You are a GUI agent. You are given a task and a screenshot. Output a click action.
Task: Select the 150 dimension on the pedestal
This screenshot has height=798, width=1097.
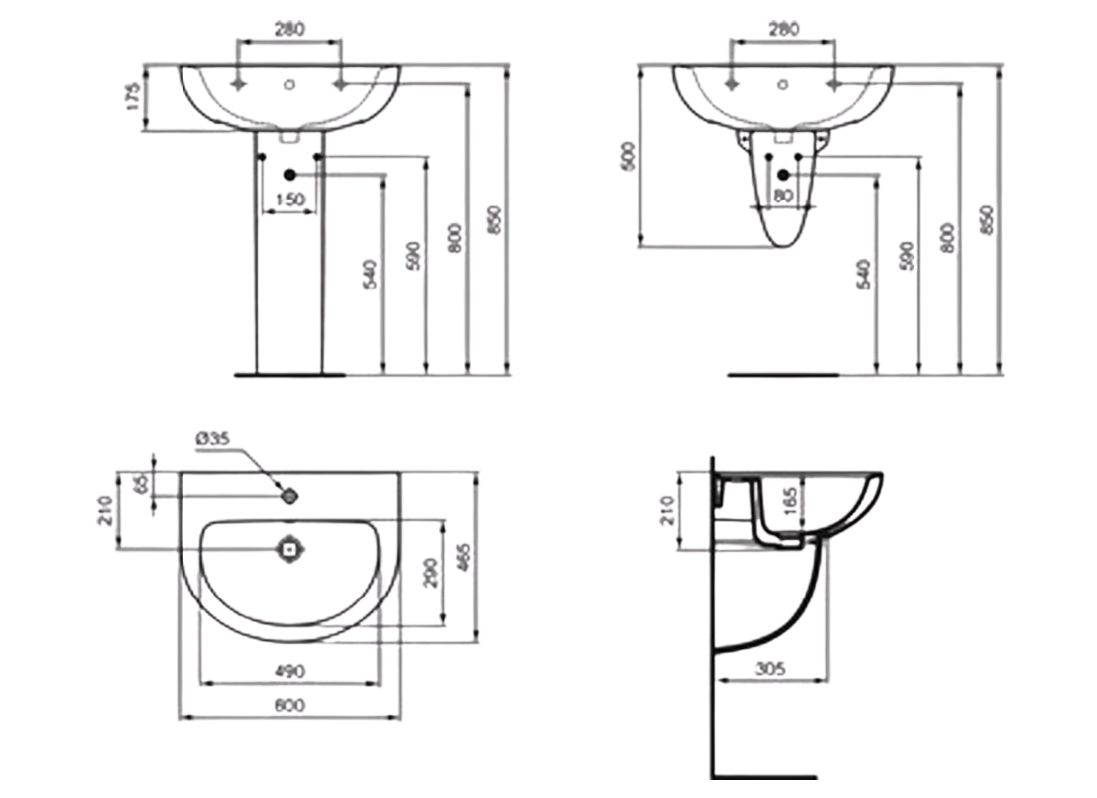coord(289,200)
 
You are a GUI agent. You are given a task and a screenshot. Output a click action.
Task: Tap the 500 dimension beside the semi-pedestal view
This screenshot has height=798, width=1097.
coord(627,156)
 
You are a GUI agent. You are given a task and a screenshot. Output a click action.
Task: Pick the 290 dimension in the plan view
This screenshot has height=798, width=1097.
coord(428,574)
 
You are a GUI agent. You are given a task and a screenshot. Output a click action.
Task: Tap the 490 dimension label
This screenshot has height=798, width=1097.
coord(289,670)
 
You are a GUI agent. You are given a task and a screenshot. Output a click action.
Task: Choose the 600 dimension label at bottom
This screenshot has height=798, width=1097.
coord(289,705)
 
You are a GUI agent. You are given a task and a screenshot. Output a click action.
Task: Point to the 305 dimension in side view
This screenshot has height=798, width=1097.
coord(770,670)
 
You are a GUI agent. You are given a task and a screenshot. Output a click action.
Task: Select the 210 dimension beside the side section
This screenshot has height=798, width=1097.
coord(666,511)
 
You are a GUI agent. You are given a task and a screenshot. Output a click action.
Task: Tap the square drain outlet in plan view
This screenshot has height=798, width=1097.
coord(290,548)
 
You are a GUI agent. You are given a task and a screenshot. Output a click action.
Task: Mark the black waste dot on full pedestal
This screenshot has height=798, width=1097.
coord(290,175)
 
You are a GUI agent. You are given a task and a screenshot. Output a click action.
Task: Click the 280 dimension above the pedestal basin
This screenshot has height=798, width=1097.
coord(289,30)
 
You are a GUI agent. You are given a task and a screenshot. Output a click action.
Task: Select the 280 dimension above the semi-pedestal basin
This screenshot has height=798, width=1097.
coord(783,30)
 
